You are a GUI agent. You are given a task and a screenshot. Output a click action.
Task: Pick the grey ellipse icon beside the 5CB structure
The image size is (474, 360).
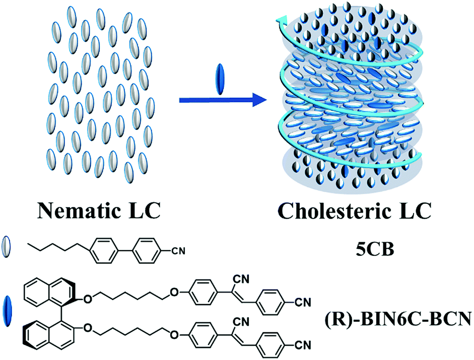pos(7,247)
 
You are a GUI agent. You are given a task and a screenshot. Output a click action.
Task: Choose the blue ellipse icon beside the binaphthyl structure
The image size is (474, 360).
pos(7,309)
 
